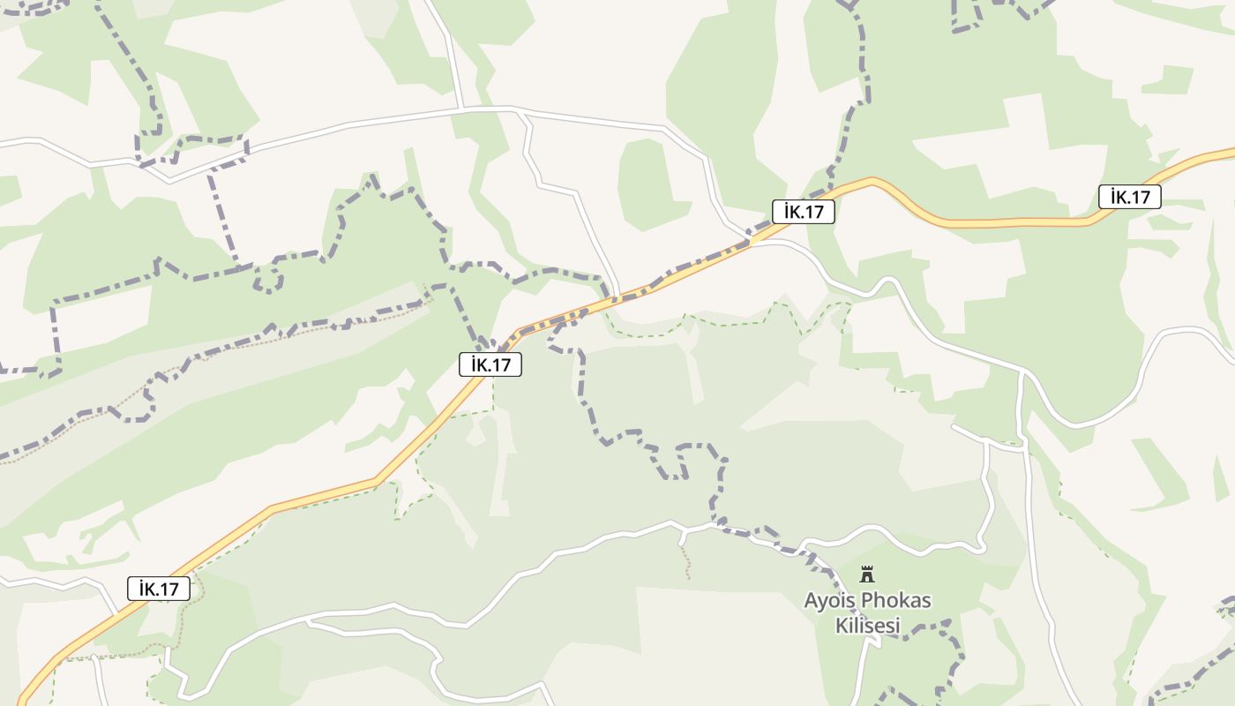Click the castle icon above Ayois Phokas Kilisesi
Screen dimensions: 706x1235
click(x=867, y=575)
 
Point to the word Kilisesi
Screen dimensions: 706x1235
click(x=867, y=626)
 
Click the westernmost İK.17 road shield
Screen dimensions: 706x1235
click(x=159, y=589)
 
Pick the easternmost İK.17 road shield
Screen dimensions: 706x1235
click(x=1129, y=197)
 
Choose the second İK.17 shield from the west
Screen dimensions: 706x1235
click(x=490, y=364)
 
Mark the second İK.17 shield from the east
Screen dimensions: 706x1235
click(x=803, y=211)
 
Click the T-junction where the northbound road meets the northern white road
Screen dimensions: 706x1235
click(x=461, y=109)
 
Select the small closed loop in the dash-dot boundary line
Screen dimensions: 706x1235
click(x=268, y=282)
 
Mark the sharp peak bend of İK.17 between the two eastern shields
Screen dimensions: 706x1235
click(x=872, y=181)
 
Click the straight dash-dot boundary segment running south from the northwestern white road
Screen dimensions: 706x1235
click(x=222, y=216)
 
